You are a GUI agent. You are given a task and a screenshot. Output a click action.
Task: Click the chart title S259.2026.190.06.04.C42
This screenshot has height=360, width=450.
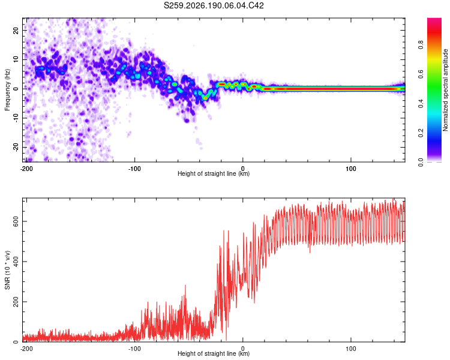[214, 5]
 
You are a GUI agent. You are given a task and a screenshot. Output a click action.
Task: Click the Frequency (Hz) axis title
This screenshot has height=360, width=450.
[7, 90]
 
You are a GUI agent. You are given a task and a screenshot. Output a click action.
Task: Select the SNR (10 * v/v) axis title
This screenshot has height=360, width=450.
[7, 270]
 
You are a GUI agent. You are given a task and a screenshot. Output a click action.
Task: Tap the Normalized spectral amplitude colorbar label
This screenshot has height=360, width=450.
[445, 90]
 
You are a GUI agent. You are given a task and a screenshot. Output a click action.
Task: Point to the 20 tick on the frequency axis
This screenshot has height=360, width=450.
[16, 30]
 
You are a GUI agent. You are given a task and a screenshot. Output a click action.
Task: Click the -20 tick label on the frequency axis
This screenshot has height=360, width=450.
[16, 148]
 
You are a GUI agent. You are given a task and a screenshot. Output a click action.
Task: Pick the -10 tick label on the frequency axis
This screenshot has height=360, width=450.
[16, 118]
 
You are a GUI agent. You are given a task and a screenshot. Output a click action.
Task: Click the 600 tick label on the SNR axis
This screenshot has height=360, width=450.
[16, 221]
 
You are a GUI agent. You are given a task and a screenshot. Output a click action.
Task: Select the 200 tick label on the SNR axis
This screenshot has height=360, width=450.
[16, 302]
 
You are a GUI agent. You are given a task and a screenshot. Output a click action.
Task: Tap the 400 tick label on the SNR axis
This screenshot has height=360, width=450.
[16, 262]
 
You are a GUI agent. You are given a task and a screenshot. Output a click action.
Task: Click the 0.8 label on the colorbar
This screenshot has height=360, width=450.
[421, 45]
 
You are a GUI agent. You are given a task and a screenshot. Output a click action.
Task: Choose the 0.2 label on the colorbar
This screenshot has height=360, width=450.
[421, 133]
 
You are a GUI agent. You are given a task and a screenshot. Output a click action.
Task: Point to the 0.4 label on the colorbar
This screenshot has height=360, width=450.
[421, 104]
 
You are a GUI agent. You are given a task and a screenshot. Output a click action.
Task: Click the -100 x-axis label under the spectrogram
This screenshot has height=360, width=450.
[134, 169]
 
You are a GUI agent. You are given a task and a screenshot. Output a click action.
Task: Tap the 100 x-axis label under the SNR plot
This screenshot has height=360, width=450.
[351, 349]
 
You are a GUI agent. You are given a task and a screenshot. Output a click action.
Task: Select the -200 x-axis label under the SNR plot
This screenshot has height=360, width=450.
[26, 349]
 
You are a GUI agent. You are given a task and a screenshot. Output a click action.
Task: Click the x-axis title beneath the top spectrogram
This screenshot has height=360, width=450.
[214, 173]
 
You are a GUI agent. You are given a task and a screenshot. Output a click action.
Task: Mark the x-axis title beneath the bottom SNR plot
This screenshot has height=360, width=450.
[214, 353]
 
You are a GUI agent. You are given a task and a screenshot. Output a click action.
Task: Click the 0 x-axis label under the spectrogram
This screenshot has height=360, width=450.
[242, 169]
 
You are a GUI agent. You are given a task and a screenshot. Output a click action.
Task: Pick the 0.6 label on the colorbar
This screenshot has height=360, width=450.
[421, 74]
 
